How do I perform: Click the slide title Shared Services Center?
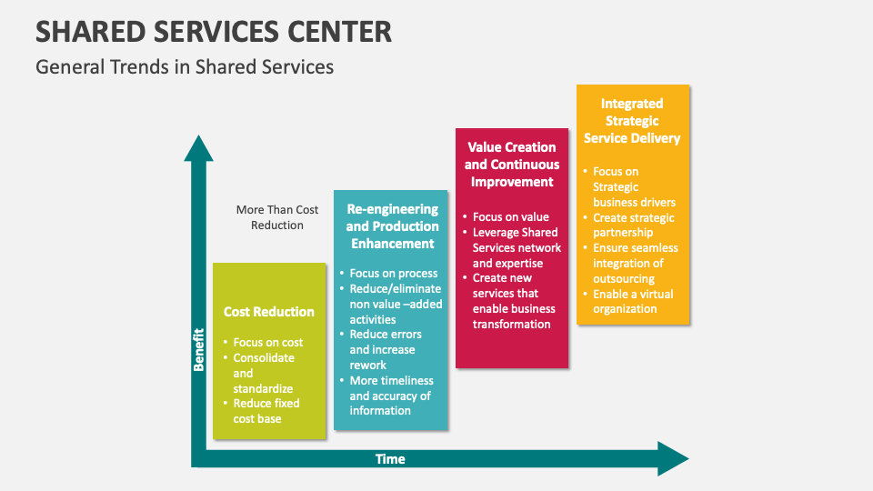coord(214,31)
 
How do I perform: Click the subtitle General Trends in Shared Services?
coord(185,66)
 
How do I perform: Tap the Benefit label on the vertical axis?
coord(198,348)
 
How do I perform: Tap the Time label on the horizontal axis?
coord(390,459)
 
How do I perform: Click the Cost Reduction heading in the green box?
coord(269,312)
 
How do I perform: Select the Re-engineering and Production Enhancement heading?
coord(392,226)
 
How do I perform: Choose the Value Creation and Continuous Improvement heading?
coord(511,165)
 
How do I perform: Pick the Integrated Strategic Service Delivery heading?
coord(632,121)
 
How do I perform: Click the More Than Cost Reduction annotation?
coord(277,217)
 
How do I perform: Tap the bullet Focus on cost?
coord(267,343)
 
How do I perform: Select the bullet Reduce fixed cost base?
coord(266,411)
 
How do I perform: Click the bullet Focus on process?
coord(393,274)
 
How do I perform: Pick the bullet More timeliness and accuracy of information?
coord(390,396)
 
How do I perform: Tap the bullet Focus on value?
coord(510,217)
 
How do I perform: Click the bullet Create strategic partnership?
coord(633,225)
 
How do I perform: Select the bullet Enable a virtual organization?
coord(632,302)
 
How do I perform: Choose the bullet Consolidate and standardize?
coord(263,373)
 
